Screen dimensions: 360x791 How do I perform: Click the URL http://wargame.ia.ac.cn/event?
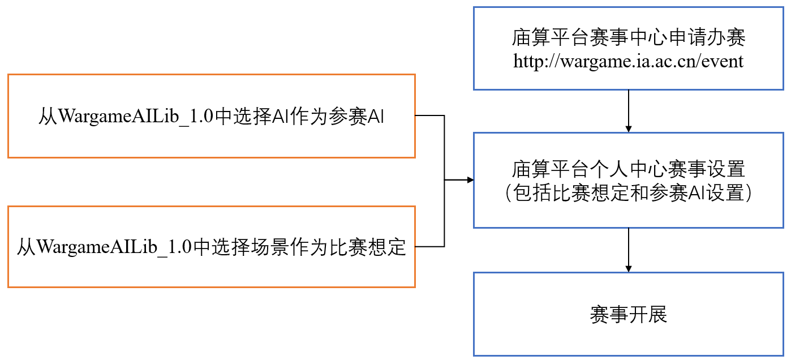pos(628,61)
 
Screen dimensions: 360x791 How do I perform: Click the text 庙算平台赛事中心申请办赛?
pos(628,37)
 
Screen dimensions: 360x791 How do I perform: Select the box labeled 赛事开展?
pos(628,314)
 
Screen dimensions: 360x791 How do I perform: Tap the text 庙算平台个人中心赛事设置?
pos(628,169)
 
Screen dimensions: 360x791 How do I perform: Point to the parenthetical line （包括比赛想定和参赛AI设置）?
pos(628,193)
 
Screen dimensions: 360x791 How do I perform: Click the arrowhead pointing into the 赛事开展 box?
pos(628,268)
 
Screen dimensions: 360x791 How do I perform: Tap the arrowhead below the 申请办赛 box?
pos(628,128)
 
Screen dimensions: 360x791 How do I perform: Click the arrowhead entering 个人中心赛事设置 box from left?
pos(469,180)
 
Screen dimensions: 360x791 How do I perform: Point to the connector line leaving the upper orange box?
pos(430,115)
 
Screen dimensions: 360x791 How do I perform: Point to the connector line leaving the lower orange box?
pos(430,247)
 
